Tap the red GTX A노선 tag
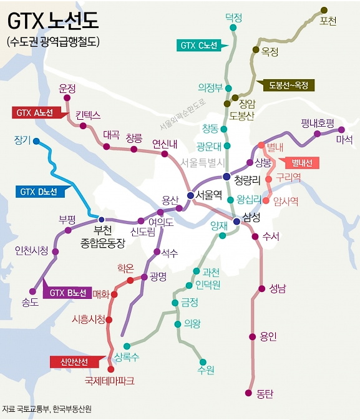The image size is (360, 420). (36, 112)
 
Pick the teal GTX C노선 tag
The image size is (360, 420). (198, 45)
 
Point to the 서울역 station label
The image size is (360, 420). (208, 195)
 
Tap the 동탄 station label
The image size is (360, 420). (265, 394)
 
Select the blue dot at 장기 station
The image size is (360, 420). (36, 141)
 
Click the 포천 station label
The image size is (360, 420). (327, 21)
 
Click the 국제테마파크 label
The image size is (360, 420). (110, 380)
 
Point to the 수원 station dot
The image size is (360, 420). (202, 361)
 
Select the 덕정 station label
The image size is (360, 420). (233, 18)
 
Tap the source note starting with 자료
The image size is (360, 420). (47, 409)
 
